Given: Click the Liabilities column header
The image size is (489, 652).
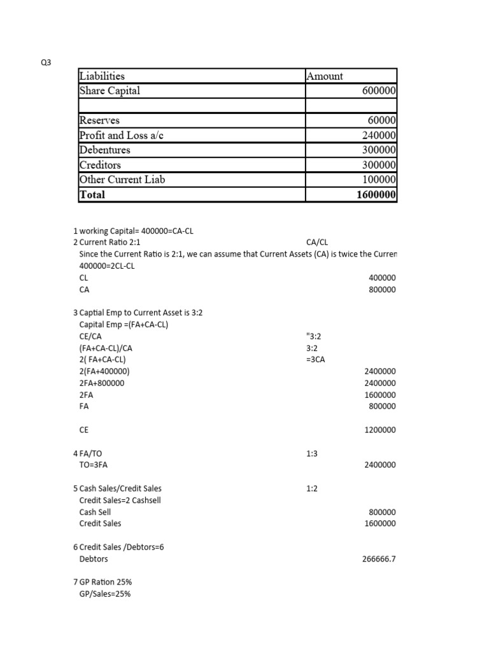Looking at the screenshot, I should [x=102, y=76].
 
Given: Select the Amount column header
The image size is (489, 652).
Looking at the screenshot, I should [x=325, y=76].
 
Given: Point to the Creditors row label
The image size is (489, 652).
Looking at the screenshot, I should [x=100, y=165].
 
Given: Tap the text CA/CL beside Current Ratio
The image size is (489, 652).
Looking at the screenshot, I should [x=316, y=243].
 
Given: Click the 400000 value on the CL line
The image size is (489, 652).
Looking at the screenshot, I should [x=382, y=278].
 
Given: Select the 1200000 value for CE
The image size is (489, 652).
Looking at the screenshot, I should [x=380, y=430].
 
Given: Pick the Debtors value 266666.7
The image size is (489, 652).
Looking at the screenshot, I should [x=379, y=559].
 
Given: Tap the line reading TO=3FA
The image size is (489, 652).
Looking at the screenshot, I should [x=94, y=465].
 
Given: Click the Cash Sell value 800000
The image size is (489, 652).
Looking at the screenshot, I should [x=382, y=512].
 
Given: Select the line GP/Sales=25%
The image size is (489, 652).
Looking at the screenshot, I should [x=105, y=594].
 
